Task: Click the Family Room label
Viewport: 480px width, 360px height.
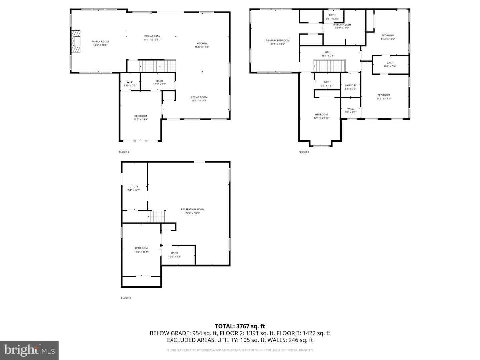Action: coord(100,41)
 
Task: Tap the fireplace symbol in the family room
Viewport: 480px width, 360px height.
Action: coord(76,41)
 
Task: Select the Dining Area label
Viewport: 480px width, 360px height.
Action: coord(152,36)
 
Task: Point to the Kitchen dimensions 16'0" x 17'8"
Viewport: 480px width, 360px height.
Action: coord(202,47)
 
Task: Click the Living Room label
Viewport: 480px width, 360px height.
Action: coord(199,97)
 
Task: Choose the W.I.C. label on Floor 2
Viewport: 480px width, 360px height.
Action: coord(130,82)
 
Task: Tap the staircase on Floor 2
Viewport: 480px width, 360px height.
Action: coord(157,66)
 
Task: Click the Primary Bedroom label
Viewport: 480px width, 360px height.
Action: coord(277,40)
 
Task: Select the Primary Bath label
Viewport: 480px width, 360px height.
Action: coord(342,25)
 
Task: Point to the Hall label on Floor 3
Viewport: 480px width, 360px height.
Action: coord(328,52)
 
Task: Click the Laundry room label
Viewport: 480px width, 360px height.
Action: coord(350,85)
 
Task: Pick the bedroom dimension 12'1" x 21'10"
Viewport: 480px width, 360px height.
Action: coord(321,118)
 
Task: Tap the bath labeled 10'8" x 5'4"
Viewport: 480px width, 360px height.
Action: coord(390,64)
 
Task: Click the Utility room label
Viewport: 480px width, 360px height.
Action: coord(134,187)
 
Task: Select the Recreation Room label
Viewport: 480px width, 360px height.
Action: coord(192,209)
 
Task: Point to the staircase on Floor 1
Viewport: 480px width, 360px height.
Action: coord(157,216)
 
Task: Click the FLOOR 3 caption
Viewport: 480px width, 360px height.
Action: coord(304,152)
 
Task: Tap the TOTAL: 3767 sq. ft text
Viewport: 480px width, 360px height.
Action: coord(240,326)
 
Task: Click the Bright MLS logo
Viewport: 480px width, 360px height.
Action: coord(29,350)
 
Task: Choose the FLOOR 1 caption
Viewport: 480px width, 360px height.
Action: coord(126,298)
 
